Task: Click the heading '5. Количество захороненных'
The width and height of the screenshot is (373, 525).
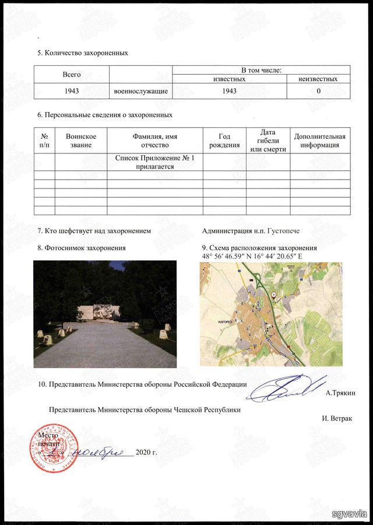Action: [x=82, y=53]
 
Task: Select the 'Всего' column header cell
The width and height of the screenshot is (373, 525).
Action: [x=71, y=75]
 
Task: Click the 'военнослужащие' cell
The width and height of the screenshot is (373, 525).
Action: [x=140, y=92]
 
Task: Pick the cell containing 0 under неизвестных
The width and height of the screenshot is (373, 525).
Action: [x=318, y=92]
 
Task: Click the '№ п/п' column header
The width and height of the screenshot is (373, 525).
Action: [x=44, y=141]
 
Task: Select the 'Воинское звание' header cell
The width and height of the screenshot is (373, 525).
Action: [x=80, y=141]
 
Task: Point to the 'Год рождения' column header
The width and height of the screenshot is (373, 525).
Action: [x=224, y=141]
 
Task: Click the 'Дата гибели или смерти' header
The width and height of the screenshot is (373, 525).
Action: [x=268, y=141]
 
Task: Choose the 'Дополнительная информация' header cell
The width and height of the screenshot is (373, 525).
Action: [x=320, y=141]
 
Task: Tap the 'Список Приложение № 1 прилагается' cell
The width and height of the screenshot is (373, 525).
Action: [x=154, y=162]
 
